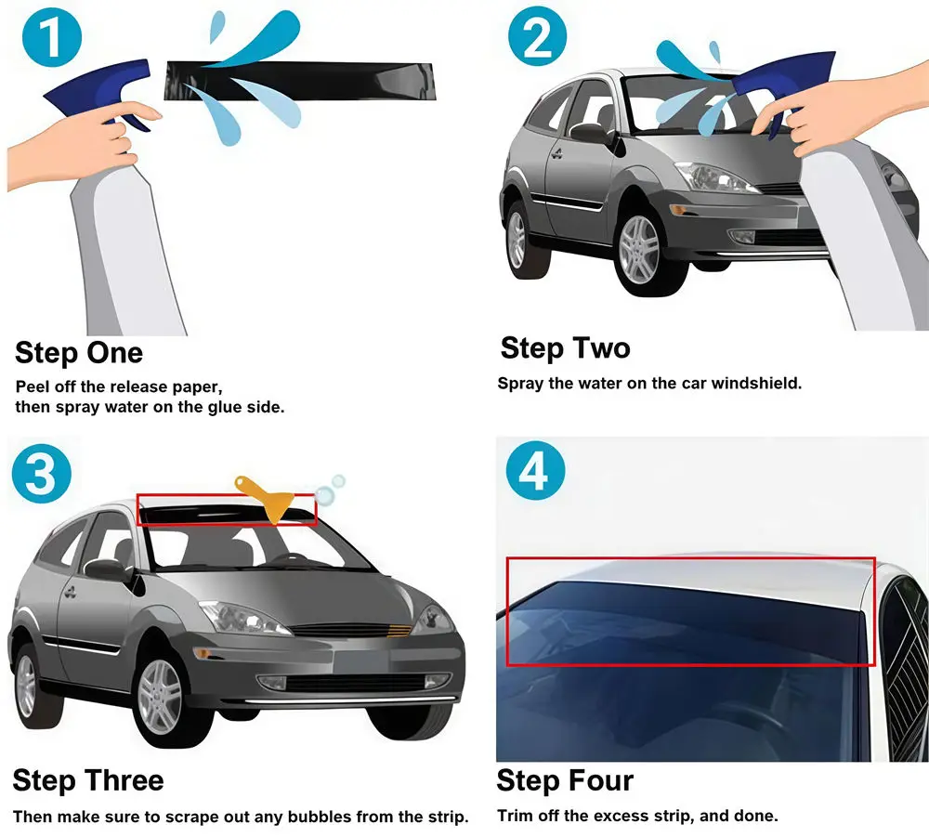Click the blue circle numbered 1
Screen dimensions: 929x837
coord(51,38)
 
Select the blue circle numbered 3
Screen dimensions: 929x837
coord(42,473)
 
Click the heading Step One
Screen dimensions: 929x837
coord(79,353)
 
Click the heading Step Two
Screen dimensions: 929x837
coord(565,347)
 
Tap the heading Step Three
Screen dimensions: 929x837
coord(88,780)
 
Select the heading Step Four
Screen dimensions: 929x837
coord(565,780)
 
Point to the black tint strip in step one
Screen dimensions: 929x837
coord(299,81)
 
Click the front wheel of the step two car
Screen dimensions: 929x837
coord(640,251)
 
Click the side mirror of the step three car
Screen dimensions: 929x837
coord(108,569)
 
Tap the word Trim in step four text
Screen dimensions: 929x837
coord(516,816)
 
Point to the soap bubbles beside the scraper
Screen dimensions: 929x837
coord(330,489)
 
